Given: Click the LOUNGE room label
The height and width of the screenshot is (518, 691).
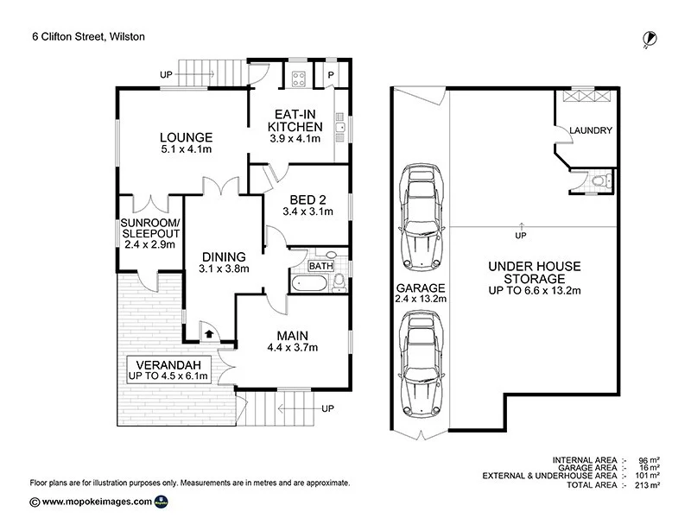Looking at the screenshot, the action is [187, 137].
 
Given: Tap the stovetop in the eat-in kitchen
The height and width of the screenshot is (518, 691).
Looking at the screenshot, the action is [298, 79].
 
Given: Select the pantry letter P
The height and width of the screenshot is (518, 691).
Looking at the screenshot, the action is [331, 75].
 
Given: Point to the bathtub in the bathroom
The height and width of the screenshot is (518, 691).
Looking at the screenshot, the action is [309, 283].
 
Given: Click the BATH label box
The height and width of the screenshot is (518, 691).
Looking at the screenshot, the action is [320, 266].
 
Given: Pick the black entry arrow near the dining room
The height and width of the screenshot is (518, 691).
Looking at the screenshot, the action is [209, 334].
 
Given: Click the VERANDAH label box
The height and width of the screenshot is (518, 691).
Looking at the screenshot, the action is [168, 370].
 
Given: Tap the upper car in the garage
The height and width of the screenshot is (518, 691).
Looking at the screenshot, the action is [422, 217].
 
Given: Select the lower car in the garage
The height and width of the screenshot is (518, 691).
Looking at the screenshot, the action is [422, 363].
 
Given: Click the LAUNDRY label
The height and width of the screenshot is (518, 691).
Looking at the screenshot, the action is [591, 130].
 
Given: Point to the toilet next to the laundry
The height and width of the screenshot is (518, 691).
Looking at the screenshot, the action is [601, 180].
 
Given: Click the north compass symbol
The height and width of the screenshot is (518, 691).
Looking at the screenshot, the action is [650, 39].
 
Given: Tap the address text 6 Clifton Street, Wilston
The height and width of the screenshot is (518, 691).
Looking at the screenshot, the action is [89, 36].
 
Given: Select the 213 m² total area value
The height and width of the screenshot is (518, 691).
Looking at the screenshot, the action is [650, 485].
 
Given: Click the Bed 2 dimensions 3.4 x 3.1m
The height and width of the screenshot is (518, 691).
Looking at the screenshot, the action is [307, 212].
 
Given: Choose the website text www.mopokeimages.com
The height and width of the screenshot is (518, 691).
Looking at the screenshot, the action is [97, 502].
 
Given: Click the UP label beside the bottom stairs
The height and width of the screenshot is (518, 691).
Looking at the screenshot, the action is [327, 408].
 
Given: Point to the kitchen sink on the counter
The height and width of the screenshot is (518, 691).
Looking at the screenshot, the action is [339, 127].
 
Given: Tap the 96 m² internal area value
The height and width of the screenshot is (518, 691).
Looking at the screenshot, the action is [650, 460].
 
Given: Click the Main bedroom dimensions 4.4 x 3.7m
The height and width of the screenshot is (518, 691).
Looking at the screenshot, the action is [292, 348].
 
